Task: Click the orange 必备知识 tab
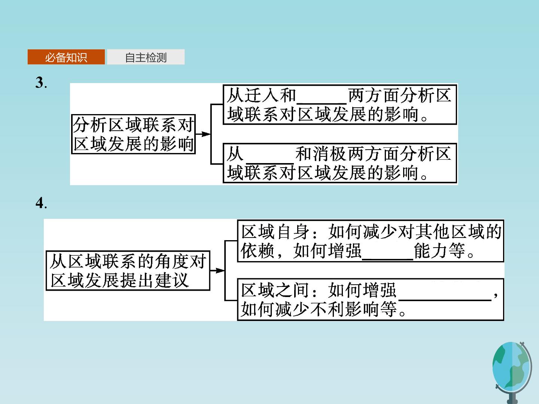coord(66,57)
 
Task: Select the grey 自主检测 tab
coord(146,57)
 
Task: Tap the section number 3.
coord(41,83)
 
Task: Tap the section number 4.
coord(41,203)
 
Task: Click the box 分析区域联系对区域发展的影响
coord(133,134)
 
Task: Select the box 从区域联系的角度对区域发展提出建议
coord(128,270)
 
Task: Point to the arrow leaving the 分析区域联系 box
coord(203,134)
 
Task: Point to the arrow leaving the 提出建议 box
coord(217,270)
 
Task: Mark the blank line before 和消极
coord(269,163)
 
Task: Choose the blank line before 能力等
coord(387,259)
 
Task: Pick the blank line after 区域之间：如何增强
coord(445,300)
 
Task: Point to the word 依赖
coord(258,251)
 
